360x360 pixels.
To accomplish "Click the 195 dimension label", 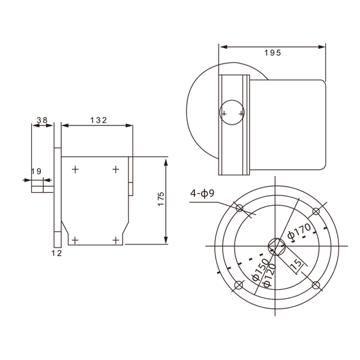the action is coord(272,53).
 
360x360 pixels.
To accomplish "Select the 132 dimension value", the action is coord(98,120).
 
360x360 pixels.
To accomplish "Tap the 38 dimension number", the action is coord(42,120).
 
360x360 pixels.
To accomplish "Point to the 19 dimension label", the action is coord(36,171).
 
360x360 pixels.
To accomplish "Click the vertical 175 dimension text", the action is coord(161,199).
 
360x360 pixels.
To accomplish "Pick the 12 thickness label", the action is coord(57,253).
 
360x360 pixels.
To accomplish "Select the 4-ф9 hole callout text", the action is coord(202,193).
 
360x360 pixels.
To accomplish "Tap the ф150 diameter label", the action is coord(260,270).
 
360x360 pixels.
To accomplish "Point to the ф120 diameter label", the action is coord(269,275).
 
